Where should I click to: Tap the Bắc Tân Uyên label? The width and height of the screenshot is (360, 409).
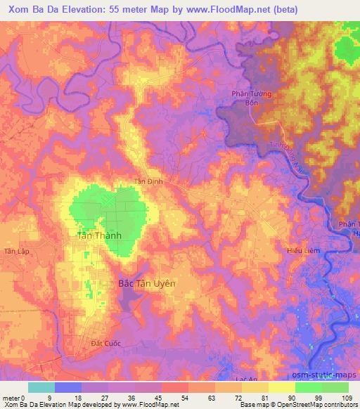point(146,283)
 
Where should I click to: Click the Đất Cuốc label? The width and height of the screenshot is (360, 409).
point(106,342)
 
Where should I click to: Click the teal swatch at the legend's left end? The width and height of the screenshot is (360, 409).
point(41,387)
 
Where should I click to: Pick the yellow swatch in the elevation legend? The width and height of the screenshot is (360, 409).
point(282,387)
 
